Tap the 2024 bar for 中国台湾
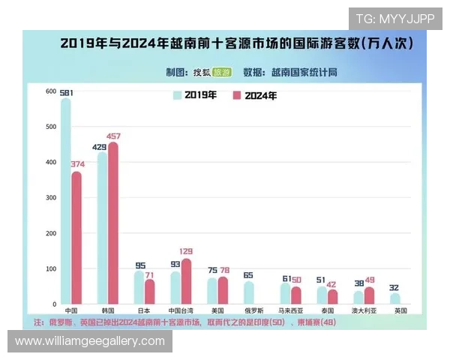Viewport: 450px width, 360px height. pyautogui.click(x=186, y=281)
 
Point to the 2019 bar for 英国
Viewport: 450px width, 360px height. pyautogui.click(x=395, y=298)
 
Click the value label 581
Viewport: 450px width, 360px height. pyautogui.click(x=65, y=92)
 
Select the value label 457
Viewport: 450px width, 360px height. pyautogui.click(x=113, y=136)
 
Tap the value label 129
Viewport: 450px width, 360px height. pyautogui.click(x=186, y=251)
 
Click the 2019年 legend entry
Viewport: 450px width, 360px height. pyautogui.click(x=195, y=95)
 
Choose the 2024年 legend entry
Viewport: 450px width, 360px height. pyautogui.click(x=255, y=95)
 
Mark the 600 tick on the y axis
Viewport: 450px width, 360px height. pyautogui.click(x=51, y=91)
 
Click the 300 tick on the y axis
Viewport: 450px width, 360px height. pyautogui.click(x=51, y=198)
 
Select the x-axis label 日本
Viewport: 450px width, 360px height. pyautogui.click(x=144, y=310)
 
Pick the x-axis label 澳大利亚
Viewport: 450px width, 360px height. pyautogui.click(x=364, y=310)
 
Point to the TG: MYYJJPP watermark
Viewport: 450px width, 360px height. pyautogui.click(x=394, y=19)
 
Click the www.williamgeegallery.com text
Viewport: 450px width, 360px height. pyautogui.click(x=89, y=341)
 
